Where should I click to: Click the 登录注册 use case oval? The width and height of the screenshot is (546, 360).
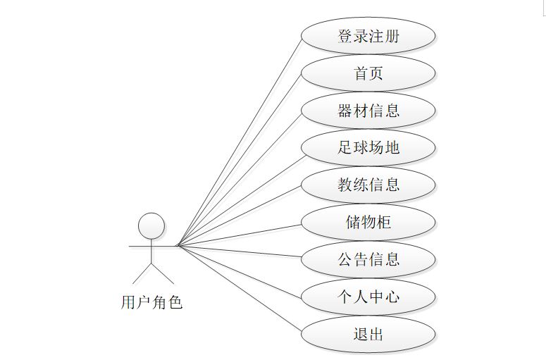click(368, 36)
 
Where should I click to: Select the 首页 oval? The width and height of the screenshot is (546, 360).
click(368, 73)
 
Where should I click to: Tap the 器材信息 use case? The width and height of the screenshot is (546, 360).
click(368, 111)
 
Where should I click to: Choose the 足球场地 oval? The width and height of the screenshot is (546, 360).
click(368, 148)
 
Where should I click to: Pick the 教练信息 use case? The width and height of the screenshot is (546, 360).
click(368, 185)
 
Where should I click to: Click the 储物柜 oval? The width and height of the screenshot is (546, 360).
click(368, 223)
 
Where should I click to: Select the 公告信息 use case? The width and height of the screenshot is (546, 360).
click(368, 259)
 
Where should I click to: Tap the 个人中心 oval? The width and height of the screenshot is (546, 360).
click(368, 297)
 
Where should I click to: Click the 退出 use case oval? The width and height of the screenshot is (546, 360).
click(368, 334)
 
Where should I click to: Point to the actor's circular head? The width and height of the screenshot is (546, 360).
click(151, 226)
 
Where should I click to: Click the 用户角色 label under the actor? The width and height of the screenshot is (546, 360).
click(151, 303)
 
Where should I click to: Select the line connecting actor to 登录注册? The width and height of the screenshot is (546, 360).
click(240, 140)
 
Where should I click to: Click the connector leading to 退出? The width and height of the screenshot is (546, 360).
click(240, 290)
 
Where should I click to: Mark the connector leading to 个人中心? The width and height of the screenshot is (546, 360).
click(240, 271)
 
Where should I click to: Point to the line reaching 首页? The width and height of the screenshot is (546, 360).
click(240, 159)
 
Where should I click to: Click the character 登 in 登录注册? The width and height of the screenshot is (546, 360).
click(345, 36)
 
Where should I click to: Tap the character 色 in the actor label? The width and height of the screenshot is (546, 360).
click(175, 303)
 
